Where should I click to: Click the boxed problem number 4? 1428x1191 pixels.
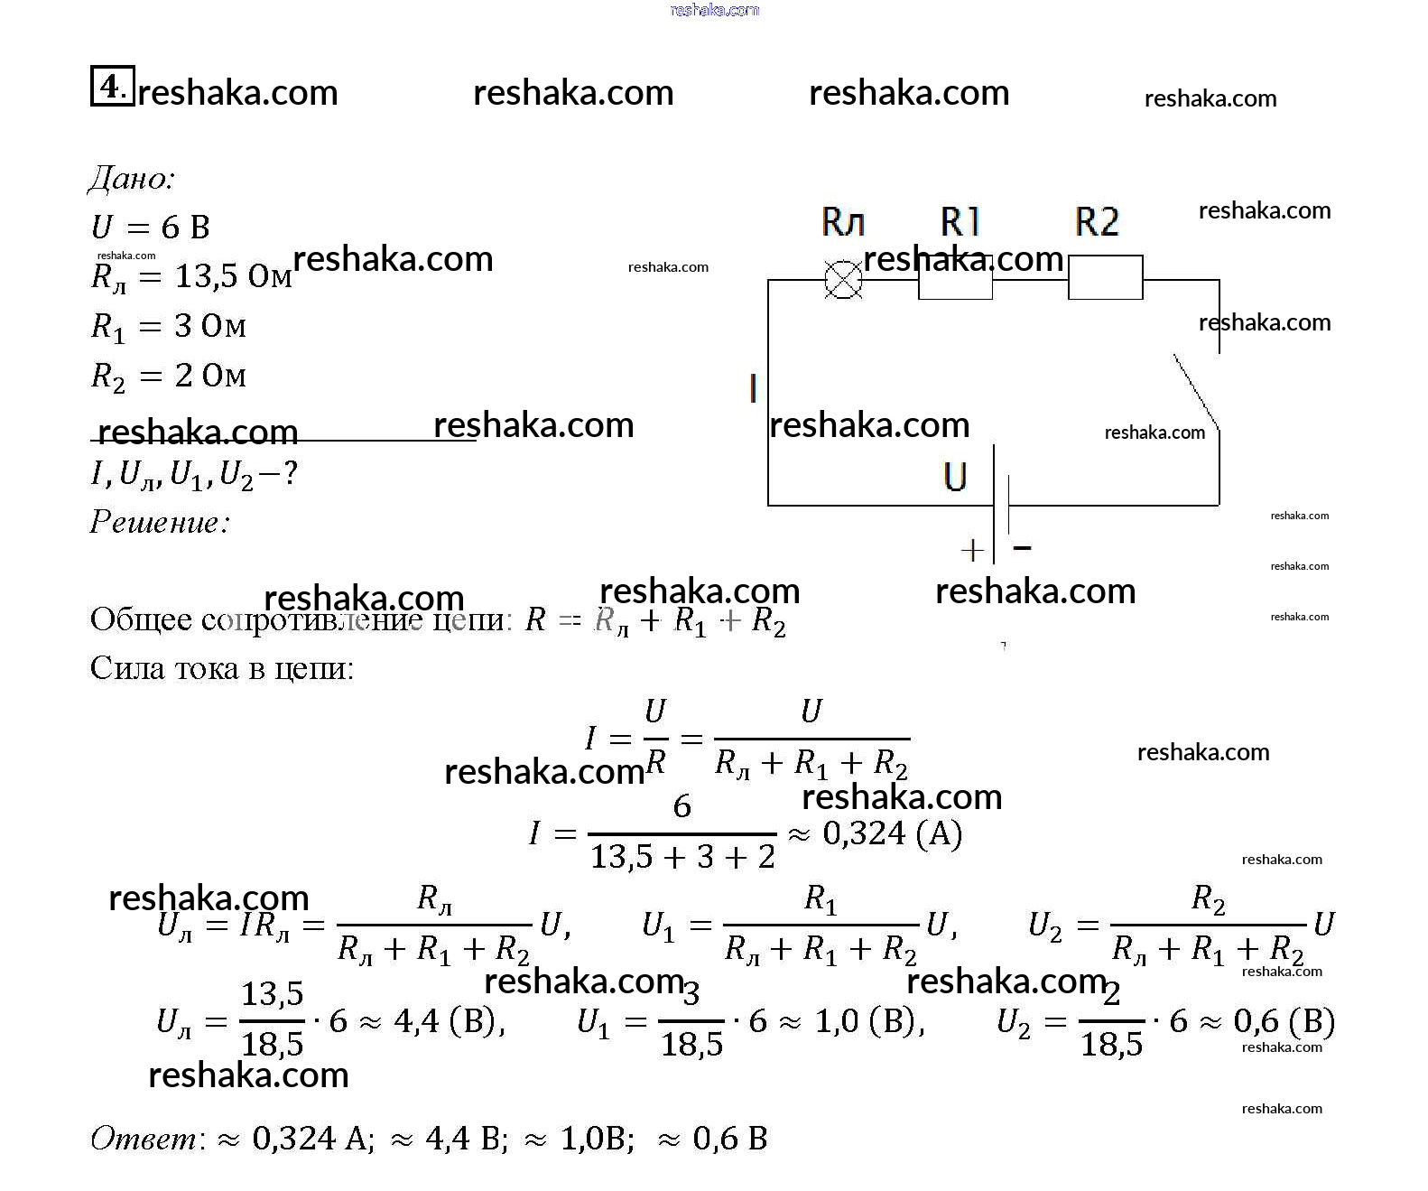click(x=112, y=86)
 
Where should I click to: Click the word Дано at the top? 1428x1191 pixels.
click(x=131, y=179)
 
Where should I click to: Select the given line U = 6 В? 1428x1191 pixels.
click(x=151, y=228)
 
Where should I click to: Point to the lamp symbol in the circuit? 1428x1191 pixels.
click(x=843, y=280)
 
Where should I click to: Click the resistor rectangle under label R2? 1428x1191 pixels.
click(x=1105, y=277)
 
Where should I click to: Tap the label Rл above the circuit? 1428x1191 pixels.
click(x=843, y=221)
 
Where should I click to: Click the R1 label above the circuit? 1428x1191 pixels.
click(x=960, y=221)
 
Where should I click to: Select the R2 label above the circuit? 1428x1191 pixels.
click(x=1097, y=221)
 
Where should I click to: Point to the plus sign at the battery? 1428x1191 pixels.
click(x=972, y=549)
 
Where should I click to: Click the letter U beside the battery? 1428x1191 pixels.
click(x=955, y=477)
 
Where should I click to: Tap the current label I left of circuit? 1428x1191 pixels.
click(x=753, y=388)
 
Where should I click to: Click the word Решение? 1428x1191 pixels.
click(x=160, y=522)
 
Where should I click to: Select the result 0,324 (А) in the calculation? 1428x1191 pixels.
click(x=892, y=833)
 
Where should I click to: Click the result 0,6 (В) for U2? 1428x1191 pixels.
click(x=1284, y=1021)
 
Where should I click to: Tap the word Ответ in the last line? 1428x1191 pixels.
click(x=144, y=1139)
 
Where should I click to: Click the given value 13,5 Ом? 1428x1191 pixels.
click(x=233, y=276)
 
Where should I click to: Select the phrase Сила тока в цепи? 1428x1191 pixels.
click(x=222, y=668)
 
